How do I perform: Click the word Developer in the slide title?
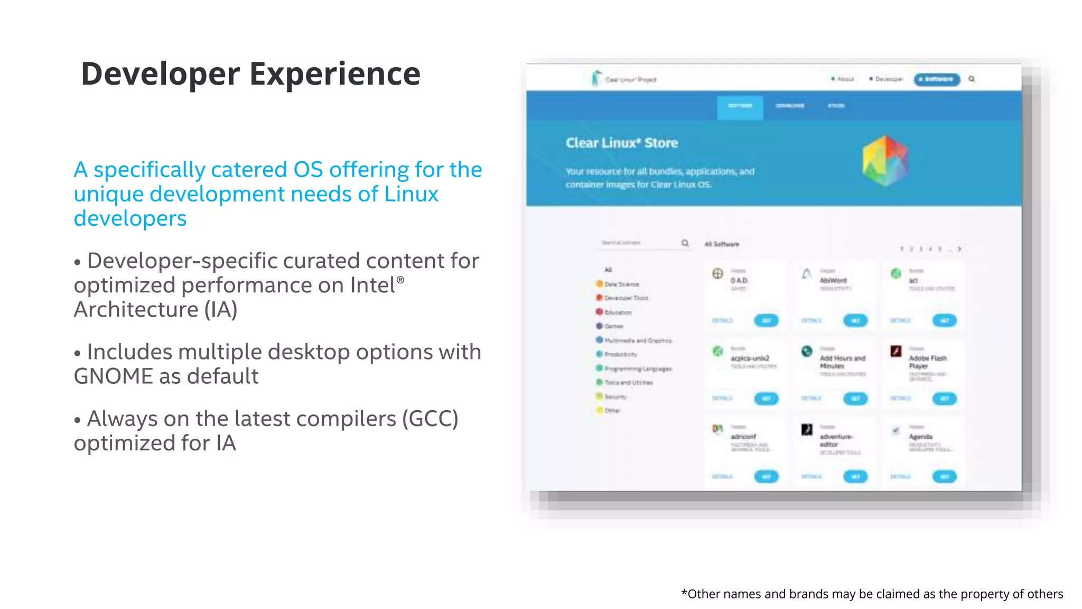click(160, 73)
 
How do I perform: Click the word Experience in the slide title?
click(335, 73)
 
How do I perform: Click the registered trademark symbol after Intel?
click(400, 280)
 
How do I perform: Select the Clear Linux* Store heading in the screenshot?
click(621, 143)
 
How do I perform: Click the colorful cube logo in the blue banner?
click(885, 161)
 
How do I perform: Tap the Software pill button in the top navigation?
click(937, 79)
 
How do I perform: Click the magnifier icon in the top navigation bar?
click(972, 79)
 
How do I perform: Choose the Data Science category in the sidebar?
click(621, 284)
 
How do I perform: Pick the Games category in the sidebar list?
click(613, 326)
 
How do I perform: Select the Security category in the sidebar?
click(615, 396)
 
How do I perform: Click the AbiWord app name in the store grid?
click(833, 280)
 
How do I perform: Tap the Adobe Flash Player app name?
click(927, 362)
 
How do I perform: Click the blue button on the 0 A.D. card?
click(766, 320)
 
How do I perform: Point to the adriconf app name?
click(743, 437)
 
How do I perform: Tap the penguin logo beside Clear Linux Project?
click(596, 78)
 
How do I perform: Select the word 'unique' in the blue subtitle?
click(109, 194)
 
